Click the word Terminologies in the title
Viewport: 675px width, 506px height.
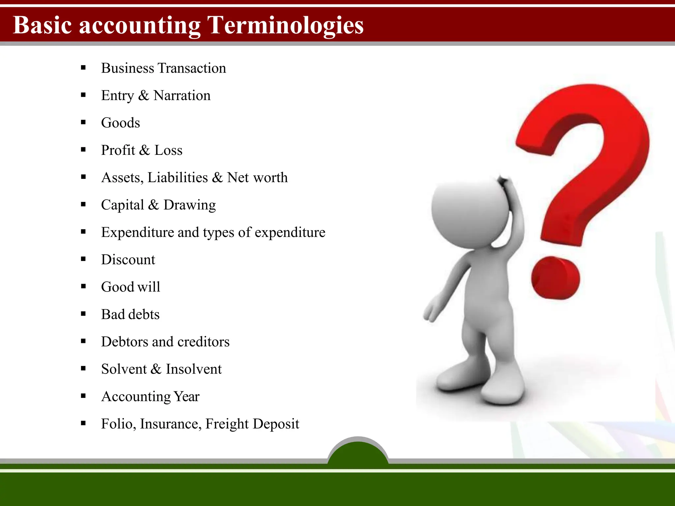(285, 26)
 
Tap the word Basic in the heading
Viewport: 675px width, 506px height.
(42, 25)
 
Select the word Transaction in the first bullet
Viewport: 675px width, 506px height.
(192, 68)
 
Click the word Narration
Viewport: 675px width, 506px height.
(182, 96)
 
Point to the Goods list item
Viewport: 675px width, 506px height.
(120, 123)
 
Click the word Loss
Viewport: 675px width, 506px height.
(168, 150)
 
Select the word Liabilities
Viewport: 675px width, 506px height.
(178, 178)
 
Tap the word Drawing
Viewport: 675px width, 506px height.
(190, 205)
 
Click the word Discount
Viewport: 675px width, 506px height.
(128, 260)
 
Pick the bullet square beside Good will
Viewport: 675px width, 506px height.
(83, 287)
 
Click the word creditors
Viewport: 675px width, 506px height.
(203, 342)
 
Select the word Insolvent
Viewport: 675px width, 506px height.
(194, 369)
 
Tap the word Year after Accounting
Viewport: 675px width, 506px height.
(187, 396)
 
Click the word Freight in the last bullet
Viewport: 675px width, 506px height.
(227, 424)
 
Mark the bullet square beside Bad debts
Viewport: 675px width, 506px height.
(83, 314)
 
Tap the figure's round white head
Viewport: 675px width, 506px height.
(470, 212)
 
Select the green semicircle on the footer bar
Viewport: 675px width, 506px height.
(358, 453)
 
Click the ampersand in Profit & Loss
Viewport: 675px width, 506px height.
(144, 150)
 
